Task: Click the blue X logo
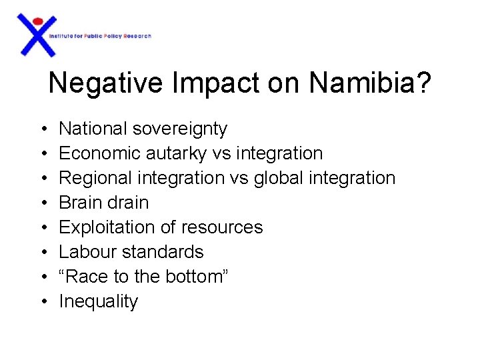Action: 37,37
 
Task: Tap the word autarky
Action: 176,153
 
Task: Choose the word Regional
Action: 97,178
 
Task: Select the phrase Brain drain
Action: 104,203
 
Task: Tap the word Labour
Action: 84,252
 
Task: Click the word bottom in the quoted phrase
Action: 193,277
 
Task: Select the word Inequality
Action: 99,301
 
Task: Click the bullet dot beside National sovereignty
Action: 43,129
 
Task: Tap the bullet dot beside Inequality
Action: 43,301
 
